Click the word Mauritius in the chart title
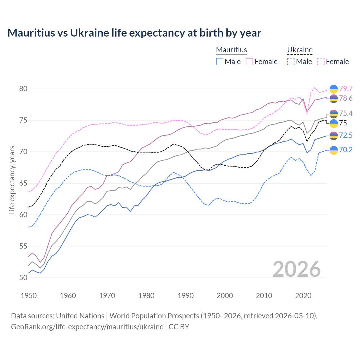tap(31, 33)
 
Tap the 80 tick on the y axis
tap(23, 89)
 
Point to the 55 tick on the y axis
tap(23, 246)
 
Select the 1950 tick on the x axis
tap(29, 296)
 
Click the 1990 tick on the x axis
tap(186, 296)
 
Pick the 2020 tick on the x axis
tap(303, 296)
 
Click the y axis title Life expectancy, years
tap(12, 180)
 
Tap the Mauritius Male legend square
tap(220, 62)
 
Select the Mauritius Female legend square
tap(249, 62)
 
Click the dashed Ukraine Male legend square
tap(291, 62)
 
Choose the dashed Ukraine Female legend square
tap(321, 62)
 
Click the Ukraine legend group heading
tap(300, 50)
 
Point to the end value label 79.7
tap(346, 89)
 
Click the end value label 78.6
tap(346, 98)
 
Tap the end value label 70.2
tap(346, 150)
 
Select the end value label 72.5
tap(346, 135)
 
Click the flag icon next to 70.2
tap(334, 150)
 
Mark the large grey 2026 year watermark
tap(297, 269)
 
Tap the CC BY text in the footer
tap(179, 327)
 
